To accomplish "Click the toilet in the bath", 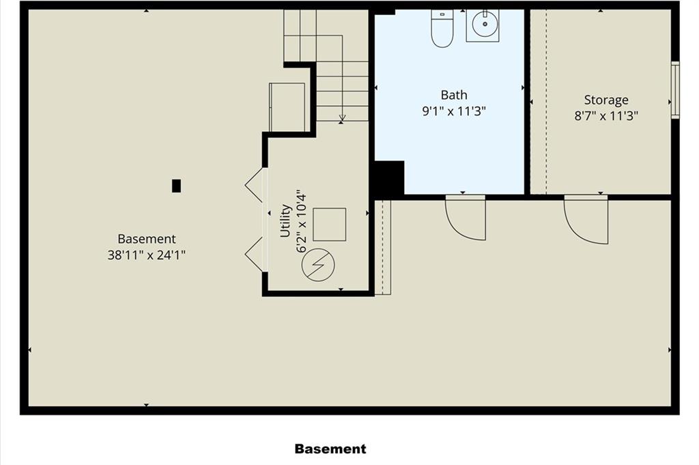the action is (442, 29).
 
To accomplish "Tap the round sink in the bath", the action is (484, 24).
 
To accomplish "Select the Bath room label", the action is (454, 95).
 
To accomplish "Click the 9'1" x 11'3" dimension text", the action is (454, 111).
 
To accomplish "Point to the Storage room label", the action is (606, 100).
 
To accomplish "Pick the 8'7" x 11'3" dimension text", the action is (606, 116).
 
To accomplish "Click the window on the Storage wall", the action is (675, 90).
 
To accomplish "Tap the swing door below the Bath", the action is (466, 218).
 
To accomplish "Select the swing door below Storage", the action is (585, 219).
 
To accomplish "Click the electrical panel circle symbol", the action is (318, 265).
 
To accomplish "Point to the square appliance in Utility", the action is (330, 224).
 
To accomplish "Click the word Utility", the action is (285, 221).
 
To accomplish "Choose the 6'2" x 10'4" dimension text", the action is (302, 221).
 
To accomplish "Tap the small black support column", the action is (177, 186).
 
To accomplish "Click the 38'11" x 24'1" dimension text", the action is (146, 255).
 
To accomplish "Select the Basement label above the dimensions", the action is (147, 239).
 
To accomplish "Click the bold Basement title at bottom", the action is (330, 449).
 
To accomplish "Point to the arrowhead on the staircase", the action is (342, 118).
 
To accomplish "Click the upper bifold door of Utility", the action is (256, 185).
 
